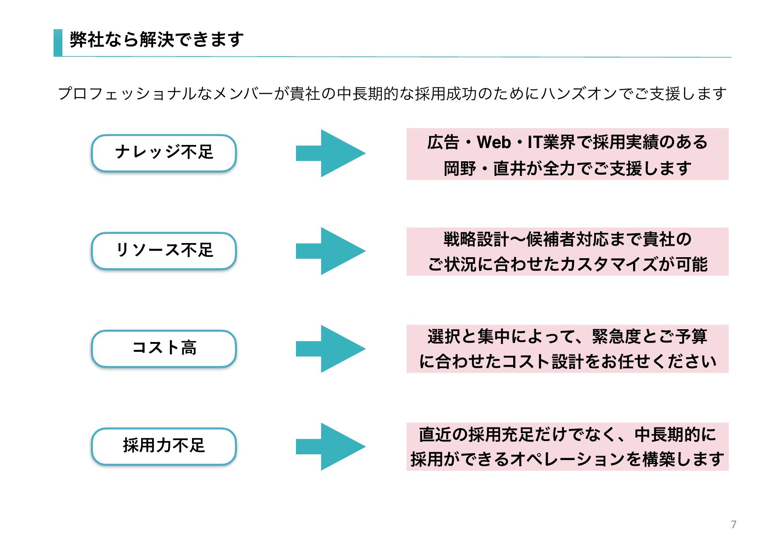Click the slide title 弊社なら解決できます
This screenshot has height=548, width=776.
pos(157,40)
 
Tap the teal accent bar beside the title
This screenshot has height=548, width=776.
pos(58,43)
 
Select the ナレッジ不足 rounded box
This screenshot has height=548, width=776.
pos(164,153)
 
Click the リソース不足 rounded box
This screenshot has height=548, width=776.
pos(164,251)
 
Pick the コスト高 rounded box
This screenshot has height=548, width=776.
pos(164,348)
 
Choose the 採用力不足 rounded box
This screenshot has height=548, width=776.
pos(164,446)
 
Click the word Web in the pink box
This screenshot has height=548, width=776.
pos(494,142)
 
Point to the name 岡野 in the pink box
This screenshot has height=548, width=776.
pos(460,169)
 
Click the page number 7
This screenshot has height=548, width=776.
pos(734,525)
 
